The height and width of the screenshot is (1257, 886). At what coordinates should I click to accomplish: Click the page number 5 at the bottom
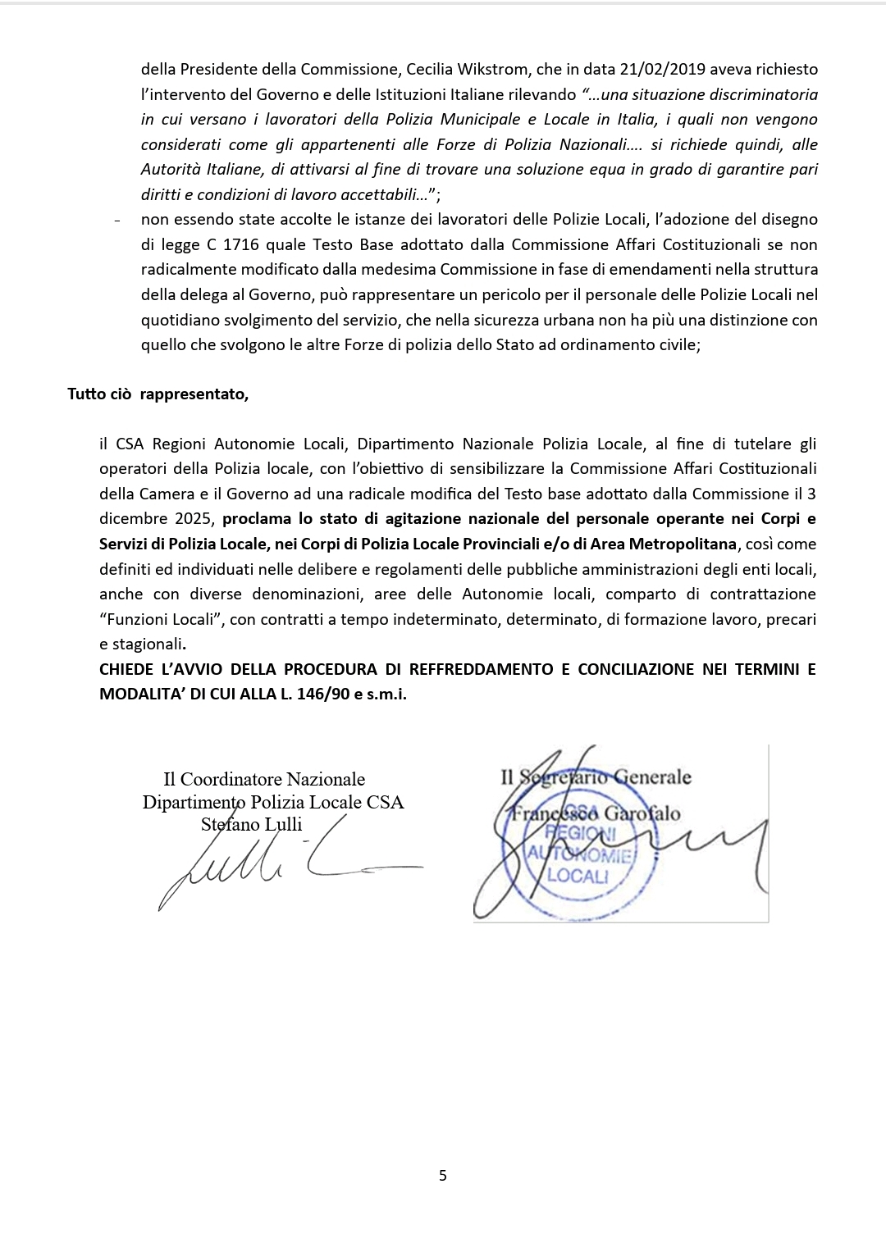[443, 1175]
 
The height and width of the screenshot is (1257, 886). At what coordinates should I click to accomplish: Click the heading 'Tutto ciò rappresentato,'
[158, 394]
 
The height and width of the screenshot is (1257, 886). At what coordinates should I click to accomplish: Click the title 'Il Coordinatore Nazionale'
[264, 779]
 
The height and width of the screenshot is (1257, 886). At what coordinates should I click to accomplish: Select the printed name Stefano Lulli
[251, 824]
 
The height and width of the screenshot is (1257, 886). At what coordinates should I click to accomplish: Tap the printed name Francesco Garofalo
[592, 813]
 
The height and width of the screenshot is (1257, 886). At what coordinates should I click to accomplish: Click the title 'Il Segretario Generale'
[596, 777]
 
